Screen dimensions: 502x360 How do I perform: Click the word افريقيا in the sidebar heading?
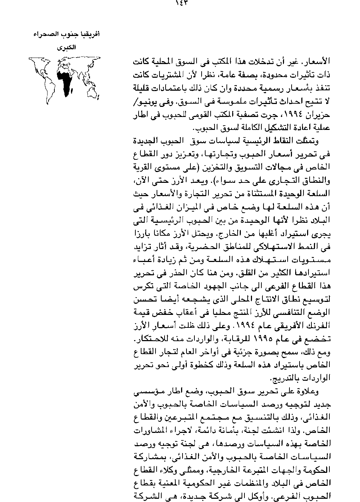coord(90,35)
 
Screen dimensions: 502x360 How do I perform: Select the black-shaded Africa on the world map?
coord(65,81)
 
